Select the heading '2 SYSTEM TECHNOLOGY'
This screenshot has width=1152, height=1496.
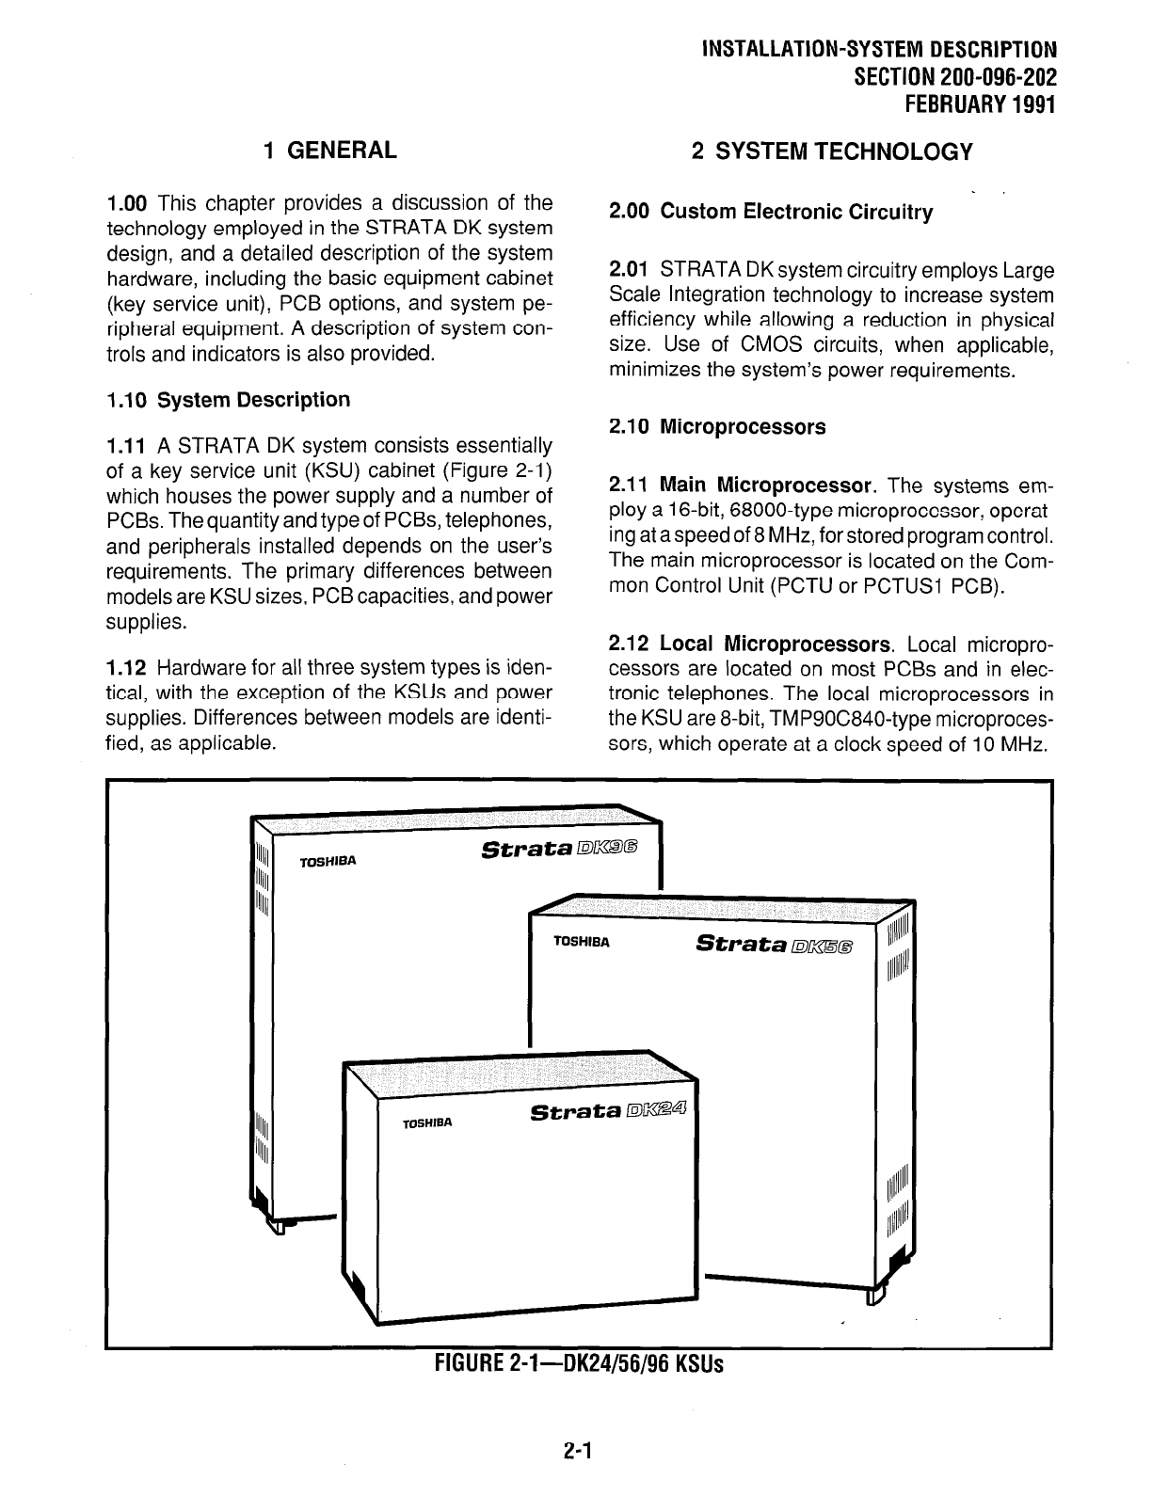[x=831, y=151]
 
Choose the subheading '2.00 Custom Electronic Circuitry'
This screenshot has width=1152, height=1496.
[x=771, y=213]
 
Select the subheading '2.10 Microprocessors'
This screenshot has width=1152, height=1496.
[x=717, y=427]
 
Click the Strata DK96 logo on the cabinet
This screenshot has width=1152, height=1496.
[x=559, y=850]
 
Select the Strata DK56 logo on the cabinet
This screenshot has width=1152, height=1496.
[x=776, y=944]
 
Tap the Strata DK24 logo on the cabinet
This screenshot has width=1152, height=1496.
[x=610, y=1112]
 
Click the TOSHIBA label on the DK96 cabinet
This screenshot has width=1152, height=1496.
[x=327, y=861]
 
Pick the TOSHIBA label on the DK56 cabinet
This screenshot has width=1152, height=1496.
[x=582, y=941]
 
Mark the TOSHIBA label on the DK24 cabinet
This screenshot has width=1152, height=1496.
[x=427, y=1123]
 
